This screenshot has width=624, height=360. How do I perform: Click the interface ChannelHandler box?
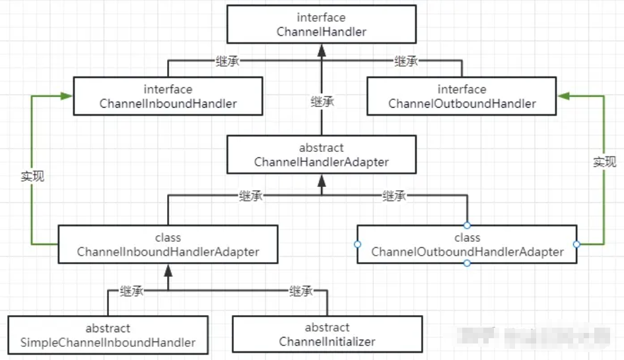tap(322, 24)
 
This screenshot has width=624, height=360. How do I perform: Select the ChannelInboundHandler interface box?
tap(168, 96)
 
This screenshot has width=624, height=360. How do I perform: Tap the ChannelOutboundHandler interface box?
tap(462, 96)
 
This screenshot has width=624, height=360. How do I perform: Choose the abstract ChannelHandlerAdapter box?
tap(321, 155)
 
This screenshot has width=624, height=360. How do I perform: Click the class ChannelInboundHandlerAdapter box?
tap(168, 244)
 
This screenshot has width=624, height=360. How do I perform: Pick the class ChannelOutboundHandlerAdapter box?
tap(467, 244)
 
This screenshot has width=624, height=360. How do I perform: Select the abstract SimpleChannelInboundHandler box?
tap(108, 335)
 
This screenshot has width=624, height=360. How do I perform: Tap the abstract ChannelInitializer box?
tap(327, 335)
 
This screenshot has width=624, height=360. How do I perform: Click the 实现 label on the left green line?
tap(32, 176)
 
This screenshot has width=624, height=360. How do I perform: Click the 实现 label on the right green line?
tap(604, 162)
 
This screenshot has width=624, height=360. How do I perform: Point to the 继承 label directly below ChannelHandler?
tap(322, 102)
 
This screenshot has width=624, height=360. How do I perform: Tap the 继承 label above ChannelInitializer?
tap(300, 291)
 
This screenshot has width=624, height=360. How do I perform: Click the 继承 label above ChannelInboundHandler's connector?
tap(227, 61)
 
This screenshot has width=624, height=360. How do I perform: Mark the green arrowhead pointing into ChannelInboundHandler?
tap(67, 96)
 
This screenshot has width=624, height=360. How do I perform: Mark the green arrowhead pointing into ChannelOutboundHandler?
tap(563, 96)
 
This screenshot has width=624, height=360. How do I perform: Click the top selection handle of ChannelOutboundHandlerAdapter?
tap(467, 225)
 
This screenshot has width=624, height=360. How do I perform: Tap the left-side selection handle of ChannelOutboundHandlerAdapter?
tap(357, 244)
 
